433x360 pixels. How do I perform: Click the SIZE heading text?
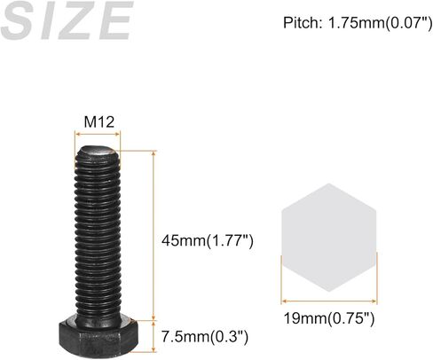point(66,21)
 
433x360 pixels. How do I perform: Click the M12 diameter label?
point(98,121)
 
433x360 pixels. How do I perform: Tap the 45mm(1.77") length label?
point(208,240)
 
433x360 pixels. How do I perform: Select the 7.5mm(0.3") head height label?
point(205,336)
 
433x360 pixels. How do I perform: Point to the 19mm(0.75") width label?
point(329,317)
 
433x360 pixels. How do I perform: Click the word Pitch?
point(301,21)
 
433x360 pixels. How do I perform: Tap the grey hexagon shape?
point(329,238)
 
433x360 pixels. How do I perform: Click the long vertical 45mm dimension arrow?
point(154,235)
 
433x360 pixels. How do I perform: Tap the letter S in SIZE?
point(22,21)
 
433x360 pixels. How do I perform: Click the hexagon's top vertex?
point(329,184)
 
